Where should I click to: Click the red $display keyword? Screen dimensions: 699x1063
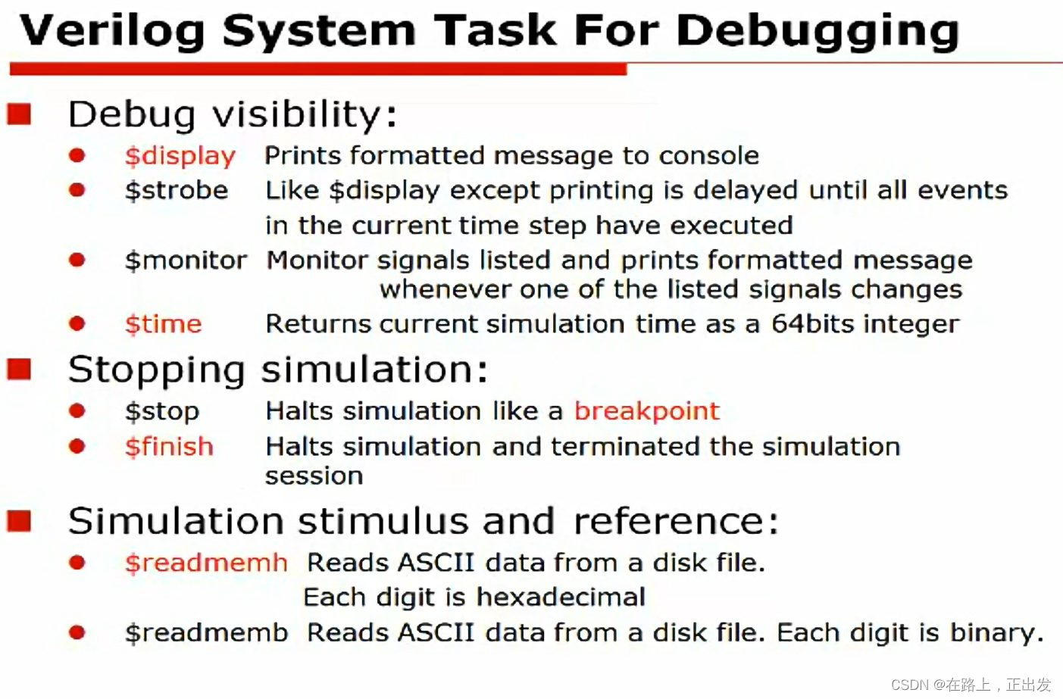pyautogui.click(x=180, y=156)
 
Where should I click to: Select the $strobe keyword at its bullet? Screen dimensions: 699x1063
pyautogui.click(x=177, y=190)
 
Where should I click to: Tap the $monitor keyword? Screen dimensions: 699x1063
pyautogui.click(x=186, y=261)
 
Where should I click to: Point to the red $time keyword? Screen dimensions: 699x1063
pyautogui.click(x=164, y=324)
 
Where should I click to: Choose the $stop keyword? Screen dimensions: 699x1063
pyautogui.click(x=162, y=411)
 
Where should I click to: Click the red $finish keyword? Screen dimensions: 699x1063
pyautogui.click(x=169, y=447)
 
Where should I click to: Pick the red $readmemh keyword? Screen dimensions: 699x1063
pyautogui.click(x=206, y=563)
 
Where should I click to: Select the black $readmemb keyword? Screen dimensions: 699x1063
pyautogui.click(x=206, y=632)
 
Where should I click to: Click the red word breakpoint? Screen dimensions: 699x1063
pyautogui.click(x=646, y=411)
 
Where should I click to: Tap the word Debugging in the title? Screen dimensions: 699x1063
pyautogui.click(x=817, y=32)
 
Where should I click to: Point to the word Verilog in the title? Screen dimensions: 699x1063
pyautogui.click(x=112, y=32)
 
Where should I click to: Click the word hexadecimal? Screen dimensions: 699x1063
pyautogui.click(x=560, y=598)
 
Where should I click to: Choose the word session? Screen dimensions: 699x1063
pyautogui.click(x=314, y=476)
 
